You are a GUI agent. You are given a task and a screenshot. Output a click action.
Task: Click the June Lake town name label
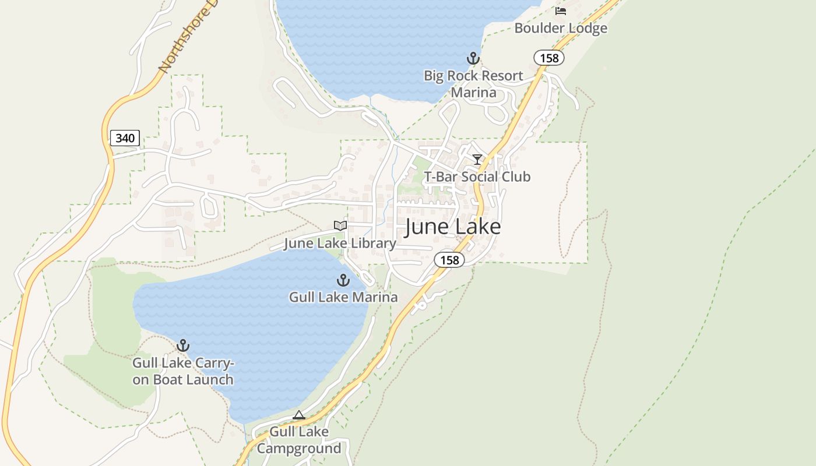point(452,227)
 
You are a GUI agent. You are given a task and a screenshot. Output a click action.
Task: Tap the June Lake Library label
point(340,243)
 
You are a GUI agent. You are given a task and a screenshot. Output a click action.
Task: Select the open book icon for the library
point(340,225)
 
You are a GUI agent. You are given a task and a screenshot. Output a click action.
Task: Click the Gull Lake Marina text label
point(343,297)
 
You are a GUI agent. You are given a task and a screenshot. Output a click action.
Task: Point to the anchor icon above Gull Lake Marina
point(343,280)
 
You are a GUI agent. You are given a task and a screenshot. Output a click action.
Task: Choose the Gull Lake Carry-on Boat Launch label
point(183,372)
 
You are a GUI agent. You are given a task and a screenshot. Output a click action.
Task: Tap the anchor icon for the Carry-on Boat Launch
point(183,345)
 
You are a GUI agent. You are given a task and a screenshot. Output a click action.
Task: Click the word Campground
point(299,449)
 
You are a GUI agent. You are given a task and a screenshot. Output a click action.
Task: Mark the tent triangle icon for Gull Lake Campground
point(299,415)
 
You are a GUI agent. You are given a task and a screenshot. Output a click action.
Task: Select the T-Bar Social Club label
point(477,177)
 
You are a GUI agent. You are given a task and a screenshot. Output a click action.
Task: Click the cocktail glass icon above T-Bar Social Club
point(477,160)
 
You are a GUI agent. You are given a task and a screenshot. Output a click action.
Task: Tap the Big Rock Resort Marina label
point(473,84)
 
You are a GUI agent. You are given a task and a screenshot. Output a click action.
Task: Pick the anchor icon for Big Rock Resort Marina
point(473,58)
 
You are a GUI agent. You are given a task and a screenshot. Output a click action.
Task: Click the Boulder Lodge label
point(561,28)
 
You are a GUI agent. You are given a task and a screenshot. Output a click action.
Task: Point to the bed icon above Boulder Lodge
point(561,11)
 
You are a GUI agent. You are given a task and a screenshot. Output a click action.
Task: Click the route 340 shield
point(125,138)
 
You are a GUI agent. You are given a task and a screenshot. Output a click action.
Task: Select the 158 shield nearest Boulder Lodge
point(549,58)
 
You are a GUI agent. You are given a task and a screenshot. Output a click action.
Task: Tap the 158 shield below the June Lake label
point(449,260)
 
